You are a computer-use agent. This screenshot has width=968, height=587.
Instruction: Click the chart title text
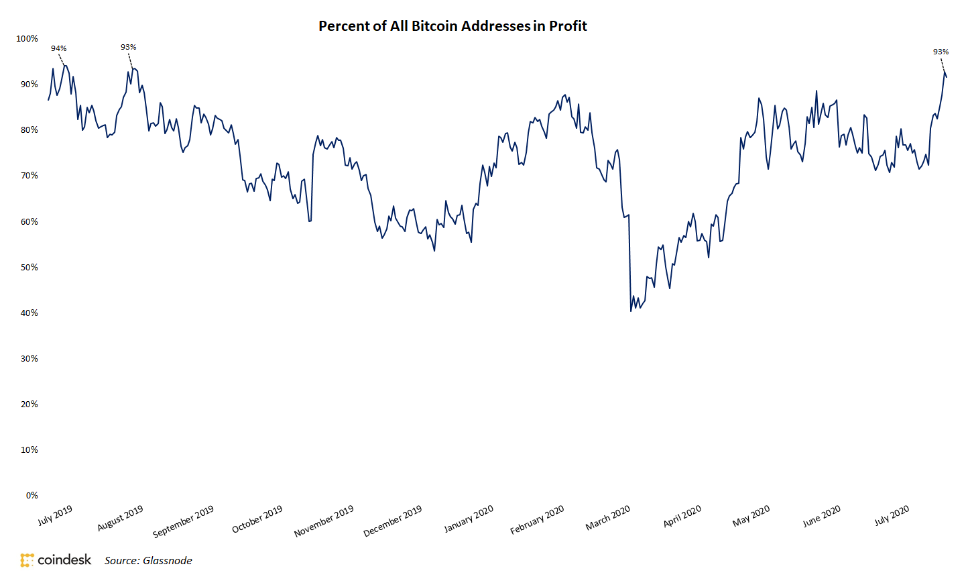click(x=452, y=26)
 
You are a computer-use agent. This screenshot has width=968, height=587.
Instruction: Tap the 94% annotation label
click(x=59, y=48)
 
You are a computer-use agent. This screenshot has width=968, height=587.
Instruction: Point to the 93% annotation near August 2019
click(x=128, y=47)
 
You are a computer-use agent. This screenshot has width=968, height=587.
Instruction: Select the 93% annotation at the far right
click(x=941, y=52)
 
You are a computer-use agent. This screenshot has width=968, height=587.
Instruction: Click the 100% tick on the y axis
click(x=27, y=39)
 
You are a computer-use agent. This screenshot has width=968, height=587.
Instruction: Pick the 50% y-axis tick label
click(x=29, y=267)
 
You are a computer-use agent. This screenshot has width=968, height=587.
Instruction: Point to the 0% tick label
click(x=32, y=495)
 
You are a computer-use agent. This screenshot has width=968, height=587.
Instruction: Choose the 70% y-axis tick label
click(x=29, y=176)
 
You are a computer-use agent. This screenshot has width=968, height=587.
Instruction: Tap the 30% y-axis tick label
click(x=29, y=358)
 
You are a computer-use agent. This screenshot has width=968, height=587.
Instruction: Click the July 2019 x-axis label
click(x=55, y=515)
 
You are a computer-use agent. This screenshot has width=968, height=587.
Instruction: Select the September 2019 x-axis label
click(x=183, y=521)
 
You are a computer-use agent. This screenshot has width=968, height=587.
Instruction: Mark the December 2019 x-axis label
click(x=392, y=521)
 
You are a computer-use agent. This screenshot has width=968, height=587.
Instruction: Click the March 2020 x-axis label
click(x=608, y=518)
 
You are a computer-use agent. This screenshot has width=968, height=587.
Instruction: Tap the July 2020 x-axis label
click(x=892, y=515)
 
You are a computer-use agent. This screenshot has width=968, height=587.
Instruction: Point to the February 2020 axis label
click(x=537, y=520)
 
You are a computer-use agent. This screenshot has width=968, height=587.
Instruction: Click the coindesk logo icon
click(x=27, y=560)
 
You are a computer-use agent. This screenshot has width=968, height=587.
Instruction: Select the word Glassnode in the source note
click(x=168, y=561)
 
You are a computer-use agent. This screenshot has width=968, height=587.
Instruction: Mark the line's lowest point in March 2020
click(x=631, y=311)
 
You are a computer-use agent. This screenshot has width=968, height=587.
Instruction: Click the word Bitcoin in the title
click(x=434, y=26)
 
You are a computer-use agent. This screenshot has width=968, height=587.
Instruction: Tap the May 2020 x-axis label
click(x=751, y=516)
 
